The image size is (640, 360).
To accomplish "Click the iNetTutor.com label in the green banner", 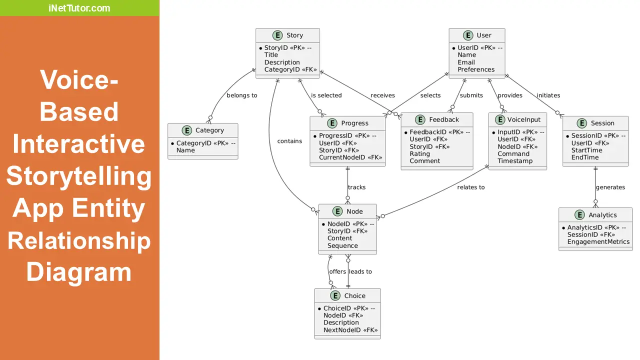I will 79,8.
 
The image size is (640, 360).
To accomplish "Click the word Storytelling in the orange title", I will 79,176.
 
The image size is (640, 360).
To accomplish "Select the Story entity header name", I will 294,35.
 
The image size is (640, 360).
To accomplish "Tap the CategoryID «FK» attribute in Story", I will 290,69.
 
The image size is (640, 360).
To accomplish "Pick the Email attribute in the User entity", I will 466,62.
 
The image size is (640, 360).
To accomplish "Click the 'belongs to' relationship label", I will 241,95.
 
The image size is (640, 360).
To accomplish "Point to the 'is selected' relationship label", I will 326,95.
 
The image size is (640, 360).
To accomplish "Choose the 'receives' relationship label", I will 382,95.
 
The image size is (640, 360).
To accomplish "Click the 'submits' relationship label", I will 471,95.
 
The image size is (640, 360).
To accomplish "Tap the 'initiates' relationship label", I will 548,95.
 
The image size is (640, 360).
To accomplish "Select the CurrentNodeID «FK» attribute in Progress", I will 350,157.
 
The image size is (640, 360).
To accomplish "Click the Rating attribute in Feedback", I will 419,154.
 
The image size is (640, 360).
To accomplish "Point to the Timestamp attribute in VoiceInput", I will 515,161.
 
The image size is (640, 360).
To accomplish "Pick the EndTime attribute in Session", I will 585,157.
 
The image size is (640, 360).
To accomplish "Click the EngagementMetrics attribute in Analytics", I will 598,242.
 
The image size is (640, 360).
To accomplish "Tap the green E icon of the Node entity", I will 337,211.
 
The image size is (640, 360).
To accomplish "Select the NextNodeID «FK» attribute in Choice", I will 350,330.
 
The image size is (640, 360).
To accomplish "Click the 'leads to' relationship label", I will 360,271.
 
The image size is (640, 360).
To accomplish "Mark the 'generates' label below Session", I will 610,187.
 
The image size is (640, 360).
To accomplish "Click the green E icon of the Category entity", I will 186,130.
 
